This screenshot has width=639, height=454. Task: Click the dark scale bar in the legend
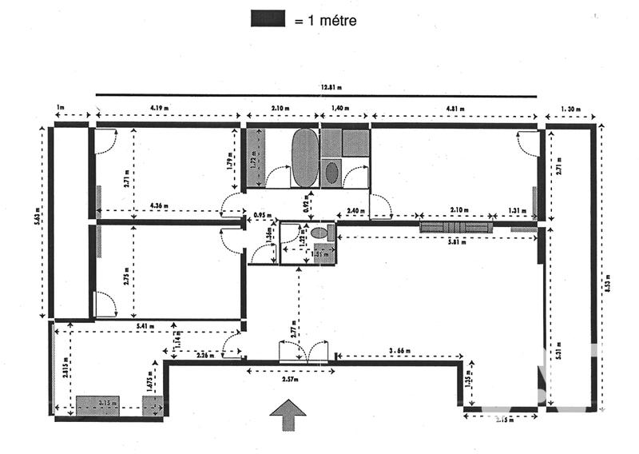(268, 18)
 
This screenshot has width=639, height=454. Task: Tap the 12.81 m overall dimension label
(331, 88)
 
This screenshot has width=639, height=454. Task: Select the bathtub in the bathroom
(304, 157)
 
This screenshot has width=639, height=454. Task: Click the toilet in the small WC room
(319, 233)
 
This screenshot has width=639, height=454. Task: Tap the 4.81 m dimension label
(455, 107)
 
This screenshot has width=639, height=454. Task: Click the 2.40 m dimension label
(357, 212)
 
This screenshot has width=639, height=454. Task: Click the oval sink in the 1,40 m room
(331, 173)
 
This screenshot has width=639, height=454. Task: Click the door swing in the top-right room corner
(528, 144)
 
